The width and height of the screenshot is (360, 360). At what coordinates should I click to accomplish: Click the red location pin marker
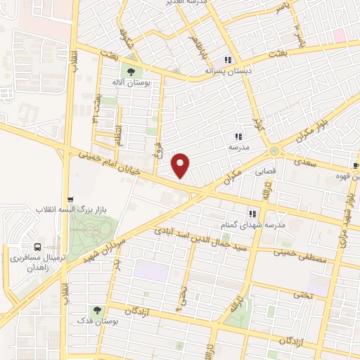click(181, 165)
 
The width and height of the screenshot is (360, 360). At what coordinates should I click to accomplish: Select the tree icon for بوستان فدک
click(97, 309)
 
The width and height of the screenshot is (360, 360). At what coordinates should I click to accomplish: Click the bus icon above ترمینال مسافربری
click(36, 247)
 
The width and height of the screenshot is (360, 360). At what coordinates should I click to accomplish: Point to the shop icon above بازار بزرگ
click(68, 200)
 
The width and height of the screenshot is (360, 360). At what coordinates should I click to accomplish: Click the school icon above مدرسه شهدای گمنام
click(250, 214)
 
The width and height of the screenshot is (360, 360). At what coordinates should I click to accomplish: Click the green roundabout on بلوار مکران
click(273, 150)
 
